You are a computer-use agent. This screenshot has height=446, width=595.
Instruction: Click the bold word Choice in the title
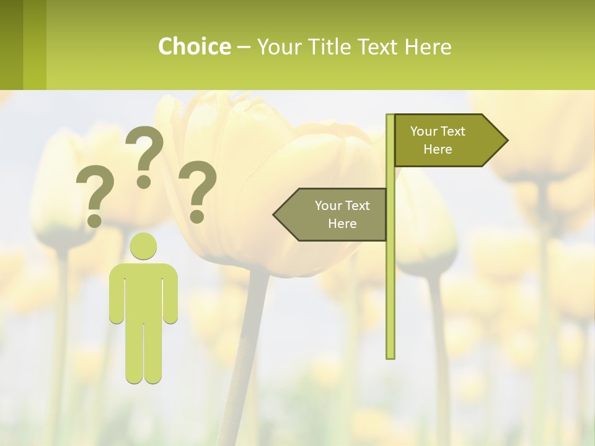[194, 46]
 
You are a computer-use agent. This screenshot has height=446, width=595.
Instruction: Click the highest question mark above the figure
[144, 155]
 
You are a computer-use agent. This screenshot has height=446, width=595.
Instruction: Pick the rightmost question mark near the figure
[198, 190]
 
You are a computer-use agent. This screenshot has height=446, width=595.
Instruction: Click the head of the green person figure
[143, 247]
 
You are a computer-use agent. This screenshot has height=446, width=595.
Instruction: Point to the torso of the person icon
[143, 291]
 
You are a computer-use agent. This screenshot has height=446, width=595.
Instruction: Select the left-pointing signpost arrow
[332, 214]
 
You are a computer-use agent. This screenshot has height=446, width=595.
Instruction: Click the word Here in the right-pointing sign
[438, 149]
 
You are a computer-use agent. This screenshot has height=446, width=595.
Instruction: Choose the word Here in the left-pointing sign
[342, 224]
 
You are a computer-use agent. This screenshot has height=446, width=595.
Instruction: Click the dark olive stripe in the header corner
[11, 45]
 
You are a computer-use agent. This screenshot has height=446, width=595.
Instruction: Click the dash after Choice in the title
[244, 46]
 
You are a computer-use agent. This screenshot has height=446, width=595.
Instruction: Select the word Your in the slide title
[277, 46]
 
